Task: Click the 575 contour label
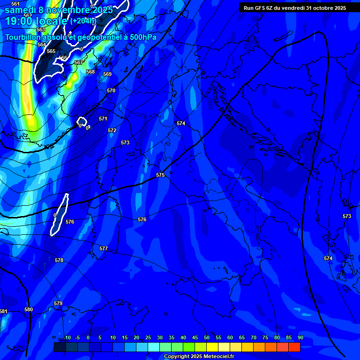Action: [x=160, y=175]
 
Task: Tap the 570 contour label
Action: [x=111, y=90]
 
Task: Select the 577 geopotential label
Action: [x=104, y=248]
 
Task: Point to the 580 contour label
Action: [x=29, y=309]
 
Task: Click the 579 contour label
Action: [x=58, y=303]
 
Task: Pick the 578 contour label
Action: [x=59, y=260]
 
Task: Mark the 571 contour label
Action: [x=103, y=119]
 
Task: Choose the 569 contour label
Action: [x=107, y=74]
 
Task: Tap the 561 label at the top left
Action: [x=15, y=4]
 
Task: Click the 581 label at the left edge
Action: [x=3, y=311]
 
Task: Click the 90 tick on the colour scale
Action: [x=300, y=337]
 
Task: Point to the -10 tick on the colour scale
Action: [x=67, y=337]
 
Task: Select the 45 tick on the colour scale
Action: [x=195, y=337]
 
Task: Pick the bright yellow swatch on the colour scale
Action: [x=212, y=347]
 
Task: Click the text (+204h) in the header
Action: [x=83, y=21]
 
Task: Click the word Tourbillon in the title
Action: [x=23, y=37]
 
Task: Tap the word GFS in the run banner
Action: [x=261, y=8]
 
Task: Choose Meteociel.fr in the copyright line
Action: [x=220, y=356]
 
